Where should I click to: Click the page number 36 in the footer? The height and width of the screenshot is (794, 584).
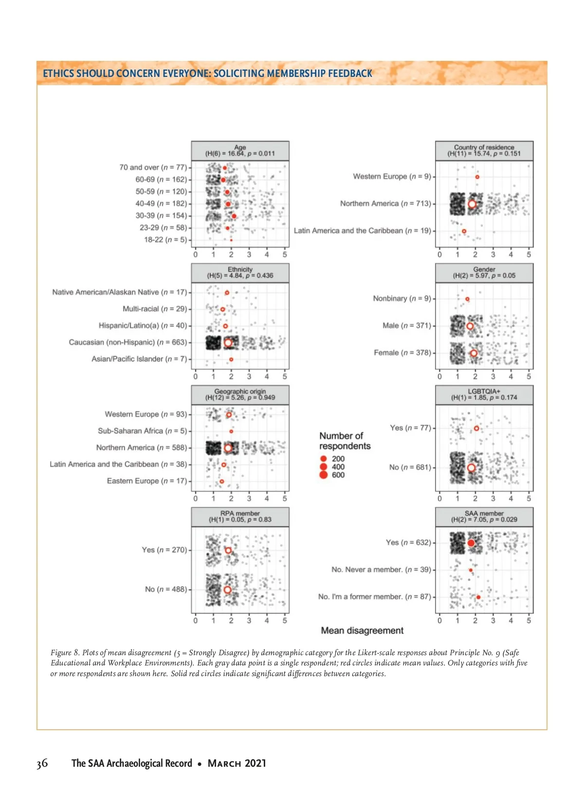coord(42,763)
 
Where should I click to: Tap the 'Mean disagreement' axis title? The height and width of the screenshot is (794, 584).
coord(362,630)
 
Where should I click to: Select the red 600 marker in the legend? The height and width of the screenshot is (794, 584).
coord(324,475)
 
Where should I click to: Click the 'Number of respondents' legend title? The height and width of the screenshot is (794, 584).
coord(345,441)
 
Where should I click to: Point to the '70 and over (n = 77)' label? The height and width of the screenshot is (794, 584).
coord(153,167)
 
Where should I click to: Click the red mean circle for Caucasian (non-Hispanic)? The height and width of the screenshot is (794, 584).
coord(228,343)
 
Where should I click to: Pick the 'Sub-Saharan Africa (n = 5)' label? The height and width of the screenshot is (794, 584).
coord(142,431)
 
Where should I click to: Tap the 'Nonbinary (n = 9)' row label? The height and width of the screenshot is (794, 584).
coord(401,298)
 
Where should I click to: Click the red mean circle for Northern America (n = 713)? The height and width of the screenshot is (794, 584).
coord(472,204)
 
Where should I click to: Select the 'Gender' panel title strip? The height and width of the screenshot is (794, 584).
coord(484,273)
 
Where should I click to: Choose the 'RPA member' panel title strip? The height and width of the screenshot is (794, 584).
coord(240,517)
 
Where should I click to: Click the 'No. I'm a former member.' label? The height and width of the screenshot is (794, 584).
coord(374,596)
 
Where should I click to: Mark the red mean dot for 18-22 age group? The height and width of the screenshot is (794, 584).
coord(231,240)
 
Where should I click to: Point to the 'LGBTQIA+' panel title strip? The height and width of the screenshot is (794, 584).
coord(484,395)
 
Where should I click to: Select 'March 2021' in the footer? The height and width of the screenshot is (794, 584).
coord(237,763)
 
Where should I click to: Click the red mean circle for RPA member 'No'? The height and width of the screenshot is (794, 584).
coord(227,590)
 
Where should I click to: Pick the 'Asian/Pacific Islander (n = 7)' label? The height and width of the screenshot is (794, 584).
coord(139,359)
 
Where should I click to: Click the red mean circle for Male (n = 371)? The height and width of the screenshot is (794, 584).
coord(470,326)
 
